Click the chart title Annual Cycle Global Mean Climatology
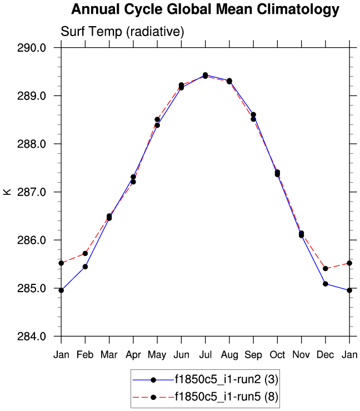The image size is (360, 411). [205, 9]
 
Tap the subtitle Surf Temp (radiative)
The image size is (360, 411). [122, 32]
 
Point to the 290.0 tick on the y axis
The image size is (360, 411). [34, 48]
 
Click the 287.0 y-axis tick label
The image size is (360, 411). [34, 192]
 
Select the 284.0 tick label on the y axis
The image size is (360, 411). [34, 337]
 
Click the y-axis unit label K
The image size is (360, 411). [7, 192]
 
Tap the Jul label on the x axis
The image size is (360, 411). [205, 355]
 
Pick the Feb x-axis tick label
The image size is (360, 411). [85, 355]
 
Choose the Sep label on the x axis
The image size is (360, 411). [253, 355]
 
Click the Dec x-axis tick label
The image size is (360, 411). [326, 355]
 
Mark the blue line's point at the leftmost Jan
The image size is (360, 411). [61, 290]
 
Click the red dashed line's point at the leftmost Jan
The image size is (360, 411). [61, 263]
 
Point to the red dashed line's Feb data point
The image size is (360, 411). [85, 253]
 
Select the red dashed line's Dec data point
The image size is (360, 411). [326, 268]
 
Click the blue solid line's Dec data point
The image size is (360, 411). [326, 284]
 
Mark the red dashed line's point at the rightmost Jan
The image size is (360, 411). [349, 263]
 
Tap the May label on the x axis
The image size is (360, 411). [157, 355]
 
